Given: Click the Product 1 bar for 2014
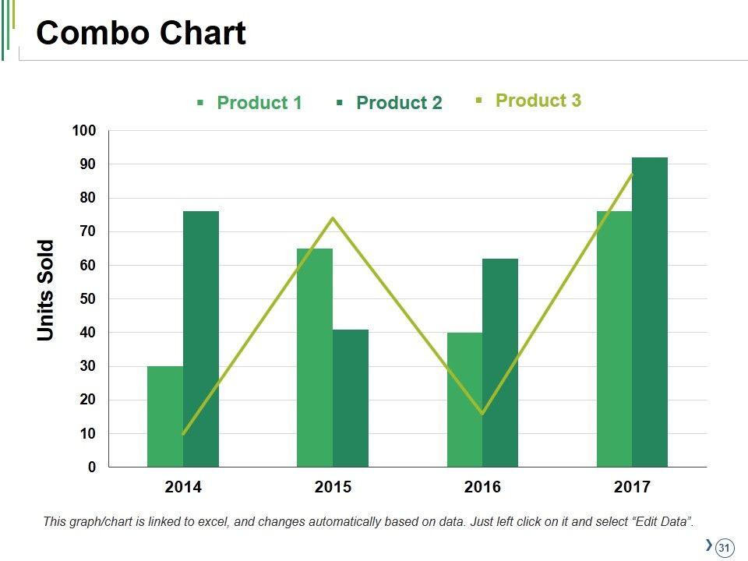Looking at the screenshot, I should click(x=164, y=417).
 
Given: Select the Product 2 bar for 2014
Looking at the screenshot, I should click(x=201, y=339).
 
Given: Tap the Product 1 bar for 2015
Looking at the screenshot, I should click(x=314, y=358).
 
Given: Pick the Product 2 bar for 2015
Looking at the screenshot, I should click(x=351, y=398).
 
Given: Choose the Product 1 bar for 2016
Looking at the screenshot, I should click(x=464, y=400).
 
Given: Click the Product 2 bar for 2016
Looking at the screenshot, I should click(x=500, y=362).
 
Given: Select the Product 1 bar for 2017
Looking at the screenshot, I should click(x=614, y=339).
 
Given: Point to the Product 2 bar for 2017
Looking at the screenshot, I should click(x=650, y=312).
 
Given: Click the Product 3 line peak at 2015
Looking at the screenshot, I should click(x=333, y=218).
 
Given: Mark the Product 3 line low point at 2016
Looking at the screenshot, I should click(x=482, y=413).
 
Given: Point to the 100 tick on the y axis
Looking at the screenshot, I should click(x=84, y=131).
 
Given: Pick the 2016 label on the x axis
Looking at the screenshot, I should click(x=482, y=488).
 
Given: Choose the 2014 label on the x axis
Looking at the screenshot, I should click(x=183, y=488).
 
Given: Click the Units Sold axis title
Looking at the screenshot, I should click(x=47, y=290).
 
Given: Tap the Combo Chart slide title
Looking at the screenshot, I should click(x=141, y=34).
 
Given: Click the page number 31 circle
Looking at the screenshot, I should click(x=725, y=548).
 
